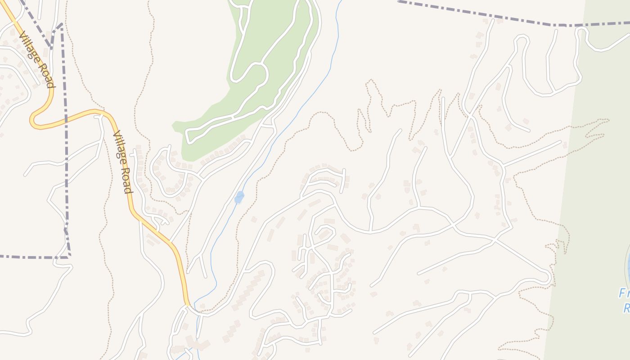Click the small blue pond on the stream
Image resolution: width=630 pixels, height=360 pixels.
click(239, 198)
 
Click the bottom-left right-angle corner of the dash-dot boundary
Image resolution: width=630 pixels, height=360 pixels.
click(69, 257)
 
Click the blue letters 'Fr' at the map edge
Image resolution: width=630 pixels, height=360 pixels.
click(624, 294)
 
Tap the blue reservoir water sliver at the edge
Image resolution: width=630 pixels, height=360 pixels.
click(627, 265)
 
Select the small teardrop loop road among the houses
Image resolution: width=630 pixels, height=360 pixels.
click(326, 233)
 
